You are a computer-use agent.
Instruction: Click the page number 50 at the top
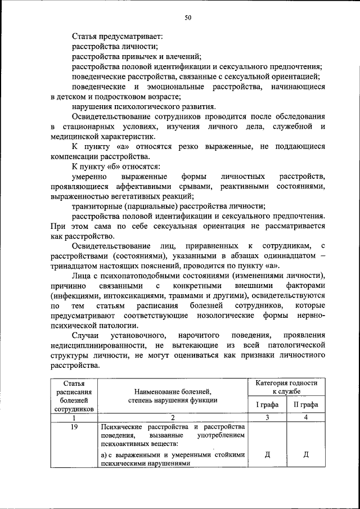click(x=188, y=18)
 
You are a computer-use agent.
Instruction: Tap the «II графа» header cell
click(x=305, y=404)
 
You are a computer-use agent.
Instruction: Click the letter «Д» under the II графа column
click(x=305, y=454)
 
